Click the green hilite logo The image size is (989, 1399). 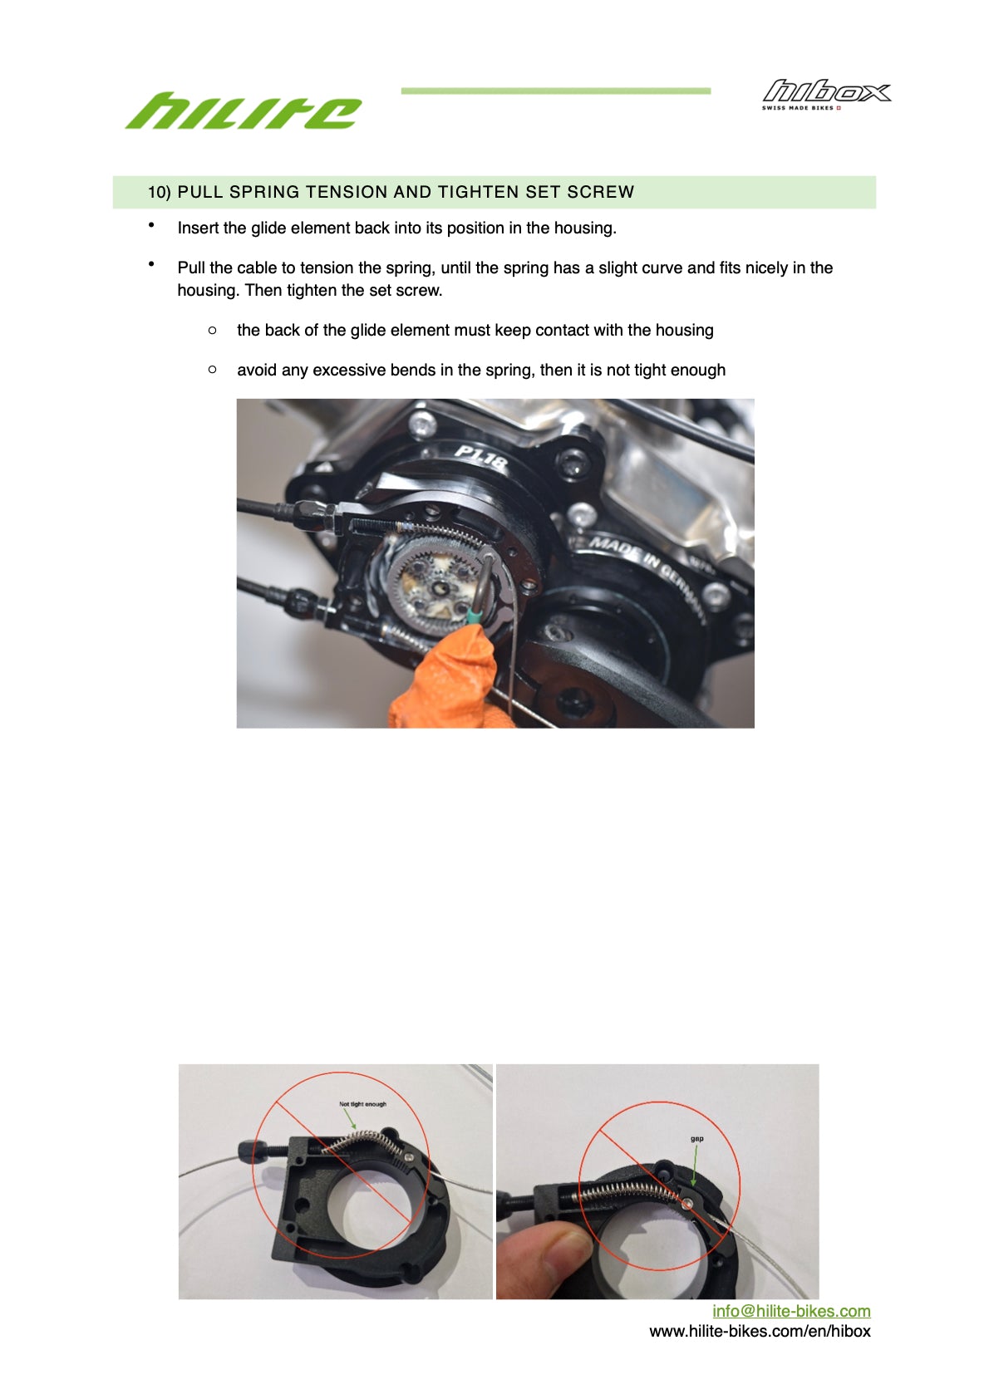click(243, 110)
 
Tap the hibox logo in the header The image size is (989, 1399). click(827, 95)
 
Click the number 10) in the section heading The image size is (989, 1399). click(160, 192)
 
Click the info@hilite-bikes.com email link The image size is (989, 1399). click(791, 1311)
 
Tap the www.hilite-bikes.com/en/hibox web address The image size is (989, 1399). click(760, 1331)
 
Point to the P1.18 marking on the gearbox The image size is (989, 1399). click(480, 458)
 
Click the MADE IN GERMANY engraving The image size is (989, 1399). click(648, 577)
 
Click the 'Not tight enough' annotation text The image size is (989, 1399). click(362, 1103)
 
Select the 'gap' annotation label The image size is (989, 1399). click(696, 1139)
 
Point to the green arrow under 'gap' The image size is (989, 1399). click(694, 1164)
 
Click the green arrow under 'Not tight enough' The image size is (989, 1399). click(350, 1118)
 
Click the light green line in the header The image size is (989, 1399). click(555, 91)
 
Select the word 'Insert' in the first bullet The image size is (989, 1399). click(198, 228)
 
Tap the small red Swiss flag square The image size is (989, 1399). click(839, 108)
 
